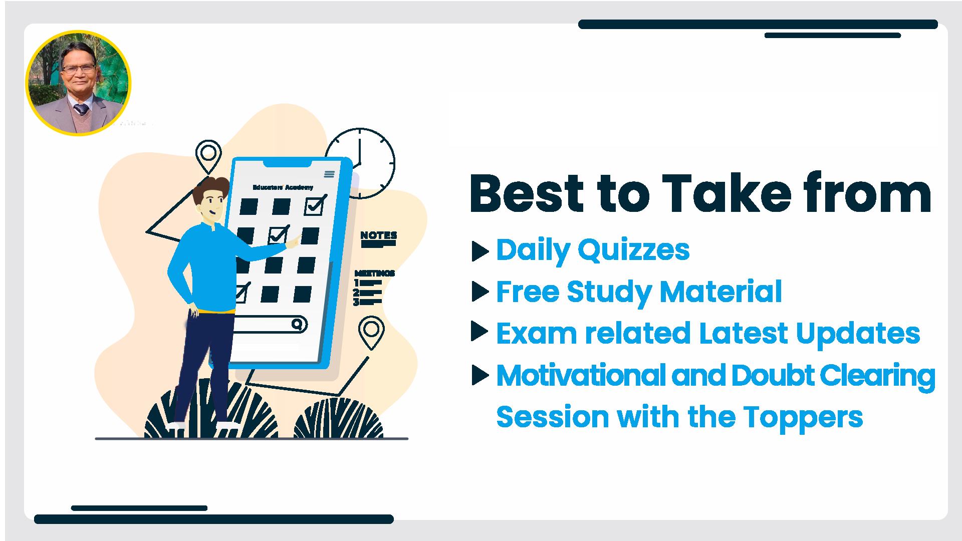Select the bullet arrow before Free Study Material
pyautogui.click(x=480, y=292)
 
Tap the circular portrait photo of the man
pyautogui.click(x=78, y=83)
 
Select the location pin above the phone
pyautogui.click(x=208, y=157)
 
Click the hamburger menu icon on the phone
pyautogui.click(x=329, y=174)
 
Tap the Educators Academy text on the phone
pyautogui.click(x=283, y=187)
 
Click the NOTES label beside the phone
pyautogui.click(x=378, y=235)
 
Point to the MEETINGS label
pyautogui.click(x=375, y=273)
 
